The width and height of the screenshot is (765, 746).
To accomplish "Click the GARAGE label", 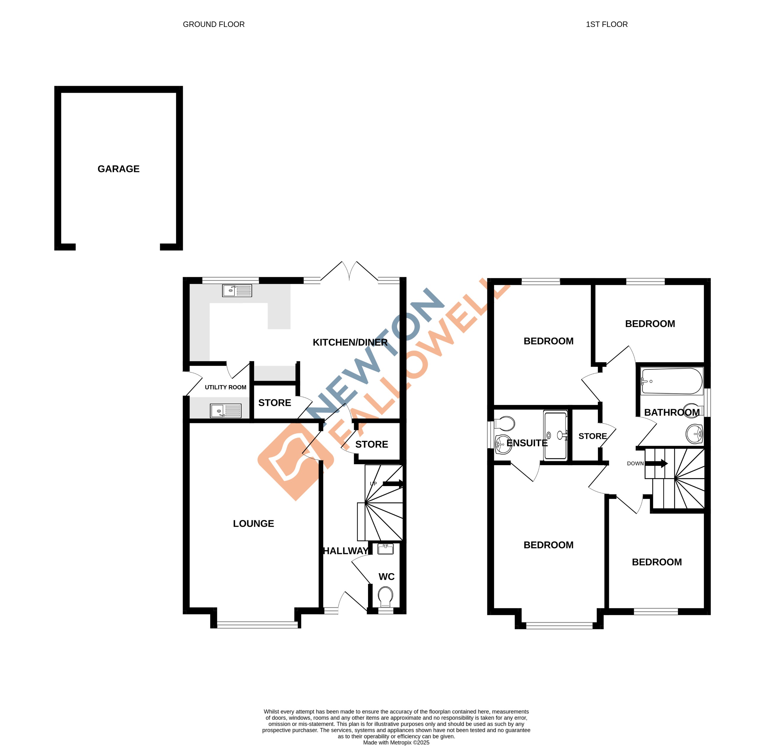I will pyautogui.click(x=118, y=169).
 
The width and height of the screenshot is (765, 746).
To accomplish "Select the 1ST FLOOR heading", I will pyautogui.click(x=606, y=24).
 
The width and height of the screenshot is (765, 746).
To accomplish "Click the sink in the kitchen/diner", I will pyautogui.click(x=237, y=290).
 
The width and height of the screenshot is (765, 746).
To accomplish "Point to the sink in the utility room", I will pyautogui.click(x=225, y=411).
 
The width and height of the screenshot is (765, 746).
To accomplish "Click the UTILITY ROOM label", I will pyautogui.click(x=225, y=387).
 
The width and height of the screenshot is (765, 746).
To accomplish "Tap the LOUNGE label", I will pyautogui.click(x=253, y=523).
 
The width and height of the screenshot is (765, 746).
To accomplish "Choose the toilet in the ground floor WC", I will pyautogui.click(x=386, y=596).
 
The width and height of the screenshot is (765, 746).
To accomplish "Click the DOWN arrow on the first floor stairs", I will pyautogui.click(x=656, y=464).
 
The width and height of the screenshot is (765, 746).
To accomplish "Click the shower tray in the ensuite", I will pyautogui.click(x=556, y=435).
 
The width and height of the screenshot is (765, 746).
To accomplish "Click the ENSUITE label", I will pyautogui.click(x=527, y=443).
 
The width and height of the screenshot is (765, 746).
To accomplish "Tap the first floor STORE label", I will pyautogui.click(x=592, y=436).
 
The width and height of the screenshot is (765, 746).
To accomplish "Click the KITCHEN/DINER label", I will pyautogui.click(x=350, y=343).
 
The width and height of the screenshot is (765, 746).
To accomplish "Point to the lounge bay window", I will pyautogui.click(x=257, y=625).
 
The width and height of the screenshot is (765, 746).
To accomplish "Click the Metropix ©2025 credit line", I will pyautogui.click(x=396, y=742).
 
